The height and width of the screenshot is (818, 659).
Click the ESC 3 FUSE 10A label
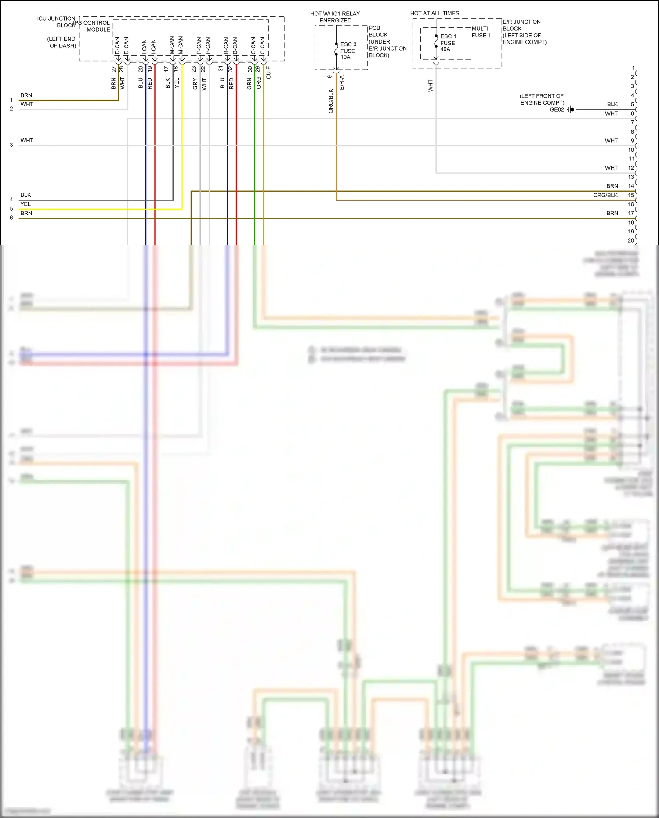[348, 51]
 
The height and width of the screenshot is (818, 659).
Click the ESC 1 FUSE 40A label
[448, 43]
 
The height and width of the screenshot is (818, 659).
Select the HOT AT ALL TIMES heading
[435, 13]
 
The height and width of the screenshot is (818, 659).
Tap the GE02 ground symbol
[570, 109]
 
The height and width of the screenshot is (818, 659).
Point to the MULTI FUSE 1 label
[481, 32]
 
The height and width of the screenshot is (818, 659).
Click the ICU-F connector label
[268, 73]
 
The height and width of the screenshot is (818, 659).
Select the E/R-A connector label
[341, 83]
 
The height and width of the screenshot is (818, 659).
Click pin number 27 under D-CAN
[114, 69]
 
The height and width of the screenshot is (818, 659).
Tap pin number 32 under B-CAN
[231, 69]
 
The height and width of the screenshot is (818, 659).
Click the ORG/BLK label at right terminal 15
[605, 195]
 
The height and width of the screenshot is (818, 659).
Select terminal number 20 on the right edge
[630, 240]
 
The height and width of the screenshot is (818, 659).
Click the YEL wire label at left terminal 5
[25, 204]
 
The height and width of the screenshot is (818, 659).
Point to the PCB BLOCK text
[378, 31]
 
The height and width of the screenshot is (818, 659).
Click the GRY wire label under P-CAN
[195, 84]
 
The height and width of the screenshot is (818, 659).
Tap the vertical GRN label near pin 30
[249, 84]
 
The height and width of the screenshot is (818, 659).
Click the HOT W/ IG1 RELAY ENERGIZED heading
[335, 17]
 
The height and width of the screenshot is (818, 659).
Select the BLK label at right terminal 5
[612, 104]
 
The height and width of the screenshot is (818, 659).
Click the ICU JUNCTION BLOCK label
[56, 22]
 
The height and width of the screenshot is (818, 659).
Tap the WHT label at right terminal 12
[611, 168]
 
